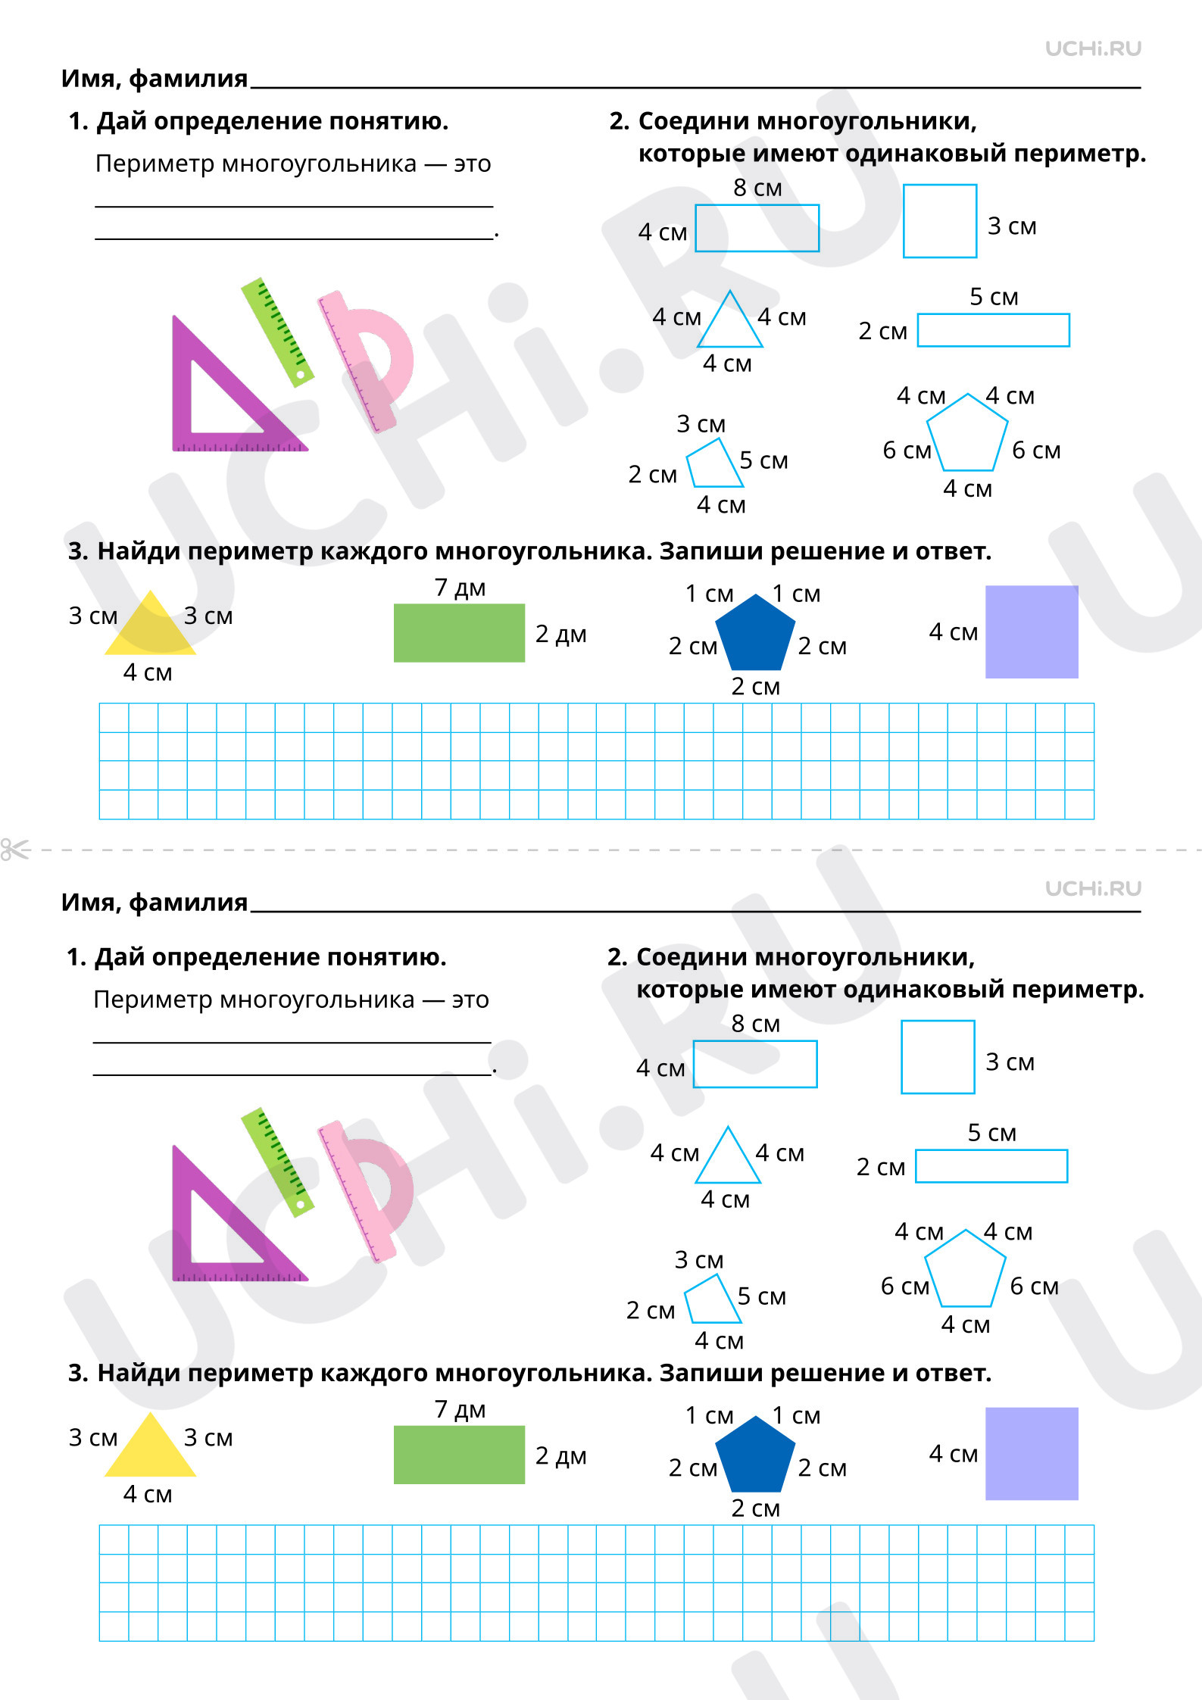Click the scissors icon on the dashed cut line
click(x=15, y=850)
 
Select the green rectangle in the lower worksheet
click(x=459, y=1455)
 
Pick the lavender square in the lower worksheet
click(x=1032, y=1453)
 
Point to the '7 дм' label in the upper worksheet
click(x=460, y=588)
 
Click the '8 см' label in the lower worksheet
click(x=755, y=1024)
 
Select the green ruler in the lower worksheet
click(x=277, y=1162)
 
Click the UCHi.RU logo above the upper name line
click(x=1093, y=48)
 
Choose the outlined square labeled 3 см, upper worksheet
click(x=940, y=221)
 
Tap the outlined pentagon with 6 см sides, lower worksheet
click(x=965, y=1271)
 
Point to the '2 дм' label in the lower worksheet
click(x=560, y=1455)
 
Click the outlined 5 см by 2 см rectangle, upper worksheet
click(x=993, y=330)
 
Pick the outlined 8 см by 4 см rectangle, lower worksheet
click(x=755, y=1064)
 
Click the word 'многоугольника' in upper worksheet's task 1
click(x=319, y=164)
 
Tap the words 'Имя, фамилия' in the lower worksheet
click(x=155, y=902)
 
